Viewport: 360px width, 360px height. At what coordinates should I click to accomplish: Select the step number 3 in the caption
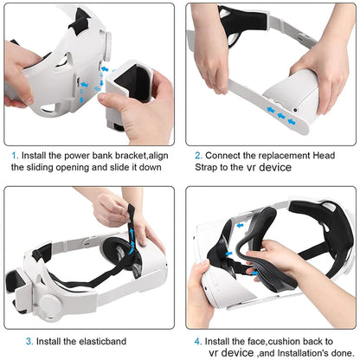pos(15,340)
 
